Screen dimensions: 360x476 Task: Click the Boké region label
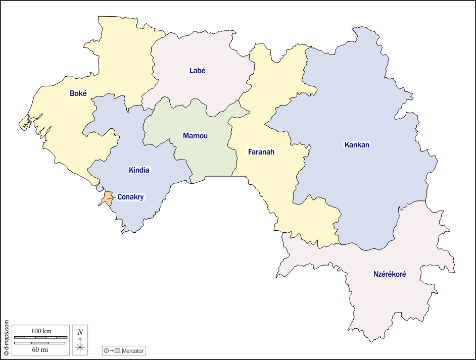pyautogui.click(x=78, y=93)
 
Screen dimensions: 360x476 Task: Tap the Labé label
pyautogui.click(x=198, y=71)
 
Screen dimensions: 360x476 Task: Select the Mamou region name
pyautogui.click(x=195, y=136)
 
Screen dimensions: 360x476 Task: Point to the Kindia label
pyautogui.click(x=139, y=170)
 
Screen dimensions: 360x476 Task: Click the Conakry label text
pyautogui.click(x=130, y=197)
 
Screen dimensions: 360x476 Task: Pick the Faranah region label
pyautogui.click(x=261, y=151)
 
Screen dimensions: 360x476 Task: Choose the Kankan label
pyautogui.click(x=357, y=145)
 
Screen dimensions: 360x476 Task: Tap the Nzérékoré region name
pyautogui.click(x=390, y=274)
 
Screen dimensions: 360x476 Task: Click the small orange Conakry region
pyautogui.click(x=107, y=197)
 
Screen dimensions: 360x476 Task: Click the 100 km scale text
pyautogui.click(x=41, y=331)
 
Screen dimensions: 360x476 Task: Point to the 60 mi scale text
pyautogui.click(x=40, y=349)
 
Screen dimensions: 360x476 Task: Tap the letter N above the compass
pyautogui.click(x=80, y=332)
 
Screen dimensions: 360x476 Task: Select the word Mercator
pyautogui.click(x=133, y=351)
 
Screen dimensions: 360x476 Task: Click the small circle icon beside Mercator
pyautogui.click(x=106, y=351)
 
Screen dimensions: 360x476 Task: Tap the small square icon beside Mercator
pyautogui.click(x=117, y=351)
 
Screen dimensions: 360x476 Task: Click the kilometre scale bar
pyautogui.click(x=40, y=337)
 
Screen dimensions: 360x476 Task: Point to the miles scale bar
pyautogui.click(x=40, y=343)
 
